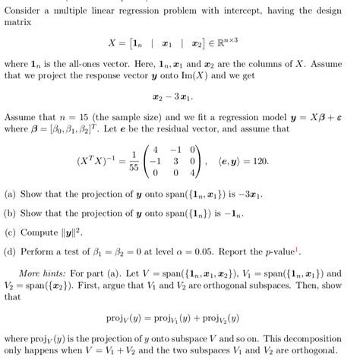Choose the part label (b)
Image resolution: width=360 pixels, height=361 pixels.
pos(11,212)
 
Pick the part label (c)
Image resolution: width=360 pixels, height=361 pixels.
pos(11,231)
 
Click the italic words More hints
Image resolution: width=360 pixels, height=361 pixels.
pos(41,272)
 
